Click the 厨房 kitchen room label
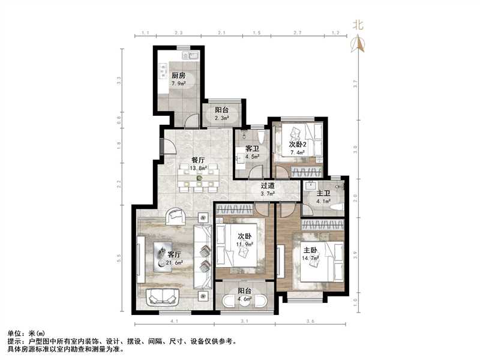[x=178, y=76]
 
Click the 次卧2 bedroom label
[x=298, y=145]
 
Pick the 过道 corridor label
[x=268, y=186]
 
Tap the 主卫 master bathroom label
[x=324, y=193]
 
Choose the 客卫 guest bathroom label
[x=244, y=149]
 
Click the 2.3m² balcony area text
[x=222, y=118]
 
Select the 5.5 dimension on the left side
[x=119, y=258]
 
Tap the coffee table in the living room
[x=162, y=255]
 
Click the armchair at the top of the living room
[x=176, y=216]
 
